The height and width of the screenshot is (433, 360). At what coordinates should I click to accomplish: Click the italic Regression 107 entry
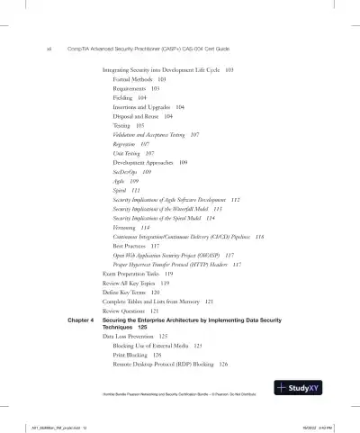(131, 143)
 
